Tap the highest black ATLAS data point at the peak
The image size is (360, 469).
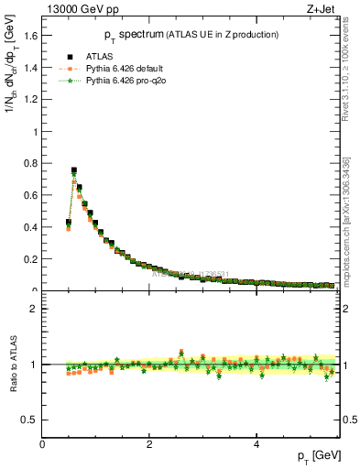pyautogui.click(x=74, y=169)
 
